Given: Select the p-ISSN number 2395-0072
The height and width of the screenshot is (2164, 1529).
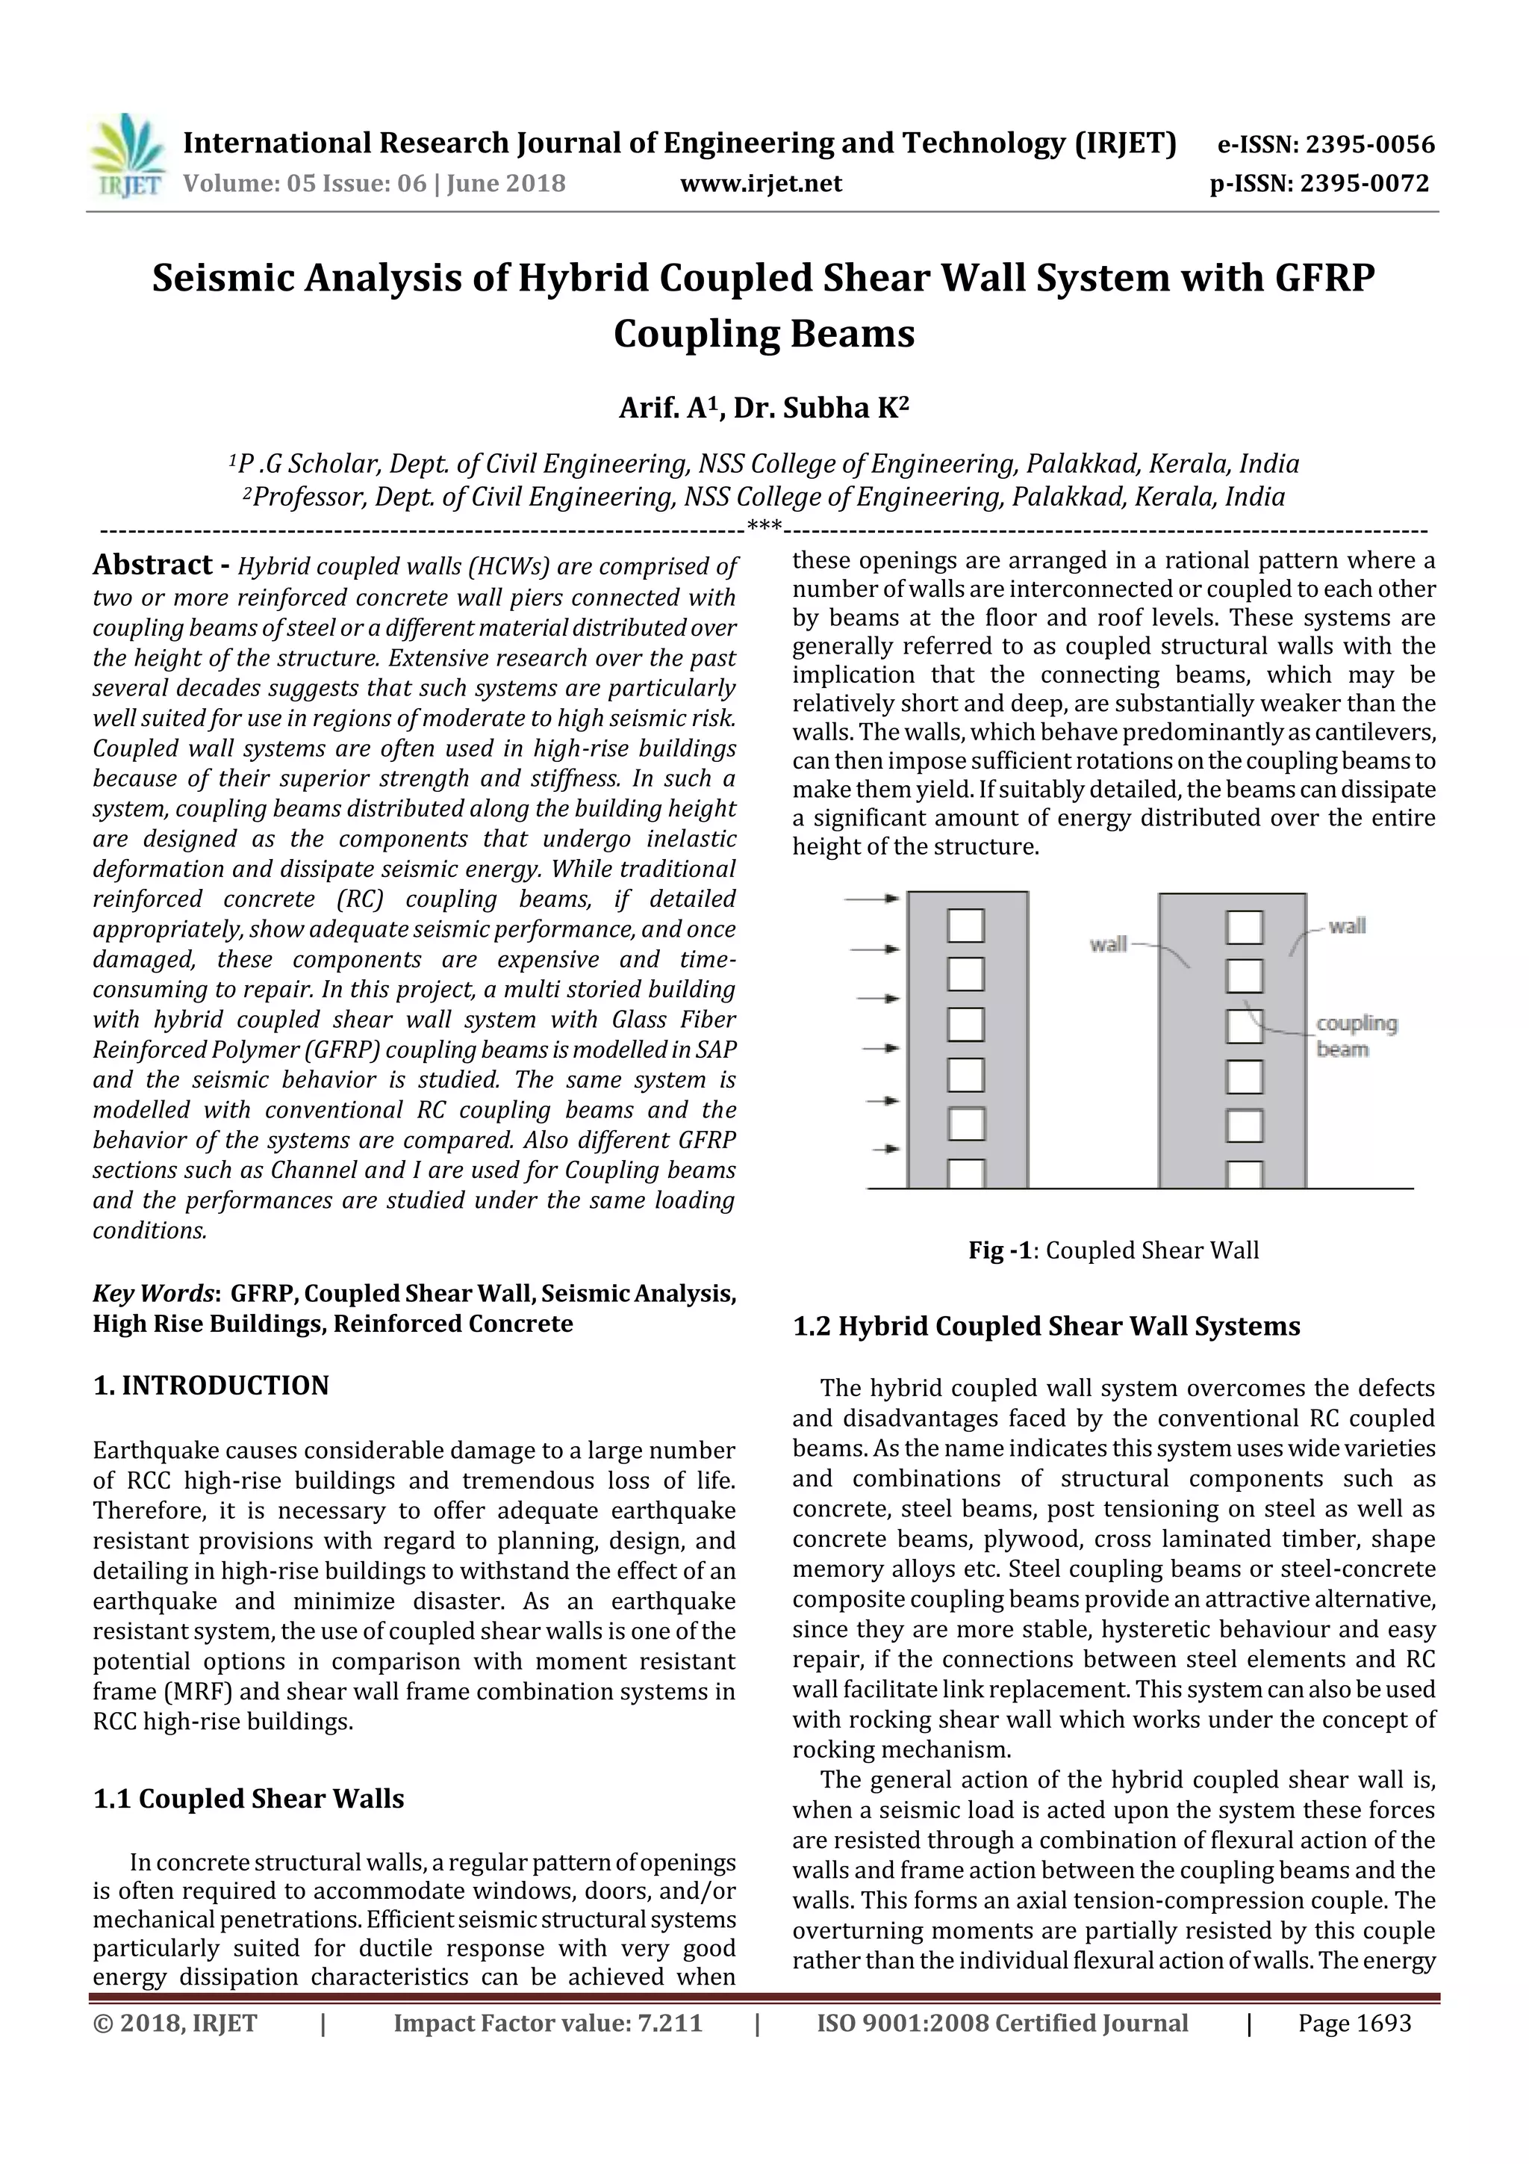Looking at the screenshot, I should pyautogui.click(x=1364, y=183).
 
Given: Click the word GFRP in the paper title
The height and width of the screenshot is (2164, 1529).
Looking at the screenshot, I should pyautogui.click(x=1325, y=278).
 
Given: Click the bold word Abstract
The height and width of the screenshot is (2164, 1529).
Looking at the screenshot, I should pyautogui.click(x=152, y=565).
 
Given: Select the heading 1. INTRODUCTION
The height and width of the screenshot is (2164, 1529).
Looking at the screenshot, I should pyautogui.click(x=211, y=1386).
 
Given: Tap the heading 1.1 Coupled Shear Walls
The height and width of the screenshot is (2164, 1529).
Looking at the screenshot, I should pyautogui.click(x=249, y=1798).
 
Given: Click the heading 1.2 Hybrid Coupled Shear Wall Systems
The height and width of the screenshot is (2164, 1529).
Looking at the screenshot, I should pyautogui.click(x=1046, y=1326).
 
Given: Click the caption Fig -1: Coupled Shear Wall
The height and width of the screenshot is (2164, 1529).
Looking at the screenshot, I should pyautogui.click(x=1114, y=1250).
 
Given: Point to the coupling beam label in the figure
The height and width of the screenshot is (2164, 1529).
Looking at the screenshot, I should pyautogui.click(x=1356, y=1036).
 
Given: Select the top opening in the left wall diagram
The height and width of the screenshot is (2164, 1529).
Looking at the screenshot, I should pyautogui.click(x=965, y=925).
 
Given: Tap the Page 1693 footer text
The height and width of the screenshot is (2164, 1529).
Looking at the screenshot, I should pyautogui.click(x=1354, y=2023).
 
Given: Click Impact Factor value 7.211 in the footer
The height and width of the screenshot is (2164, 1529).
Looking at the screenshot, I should pyautogui.click(x=547, y=2023).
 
